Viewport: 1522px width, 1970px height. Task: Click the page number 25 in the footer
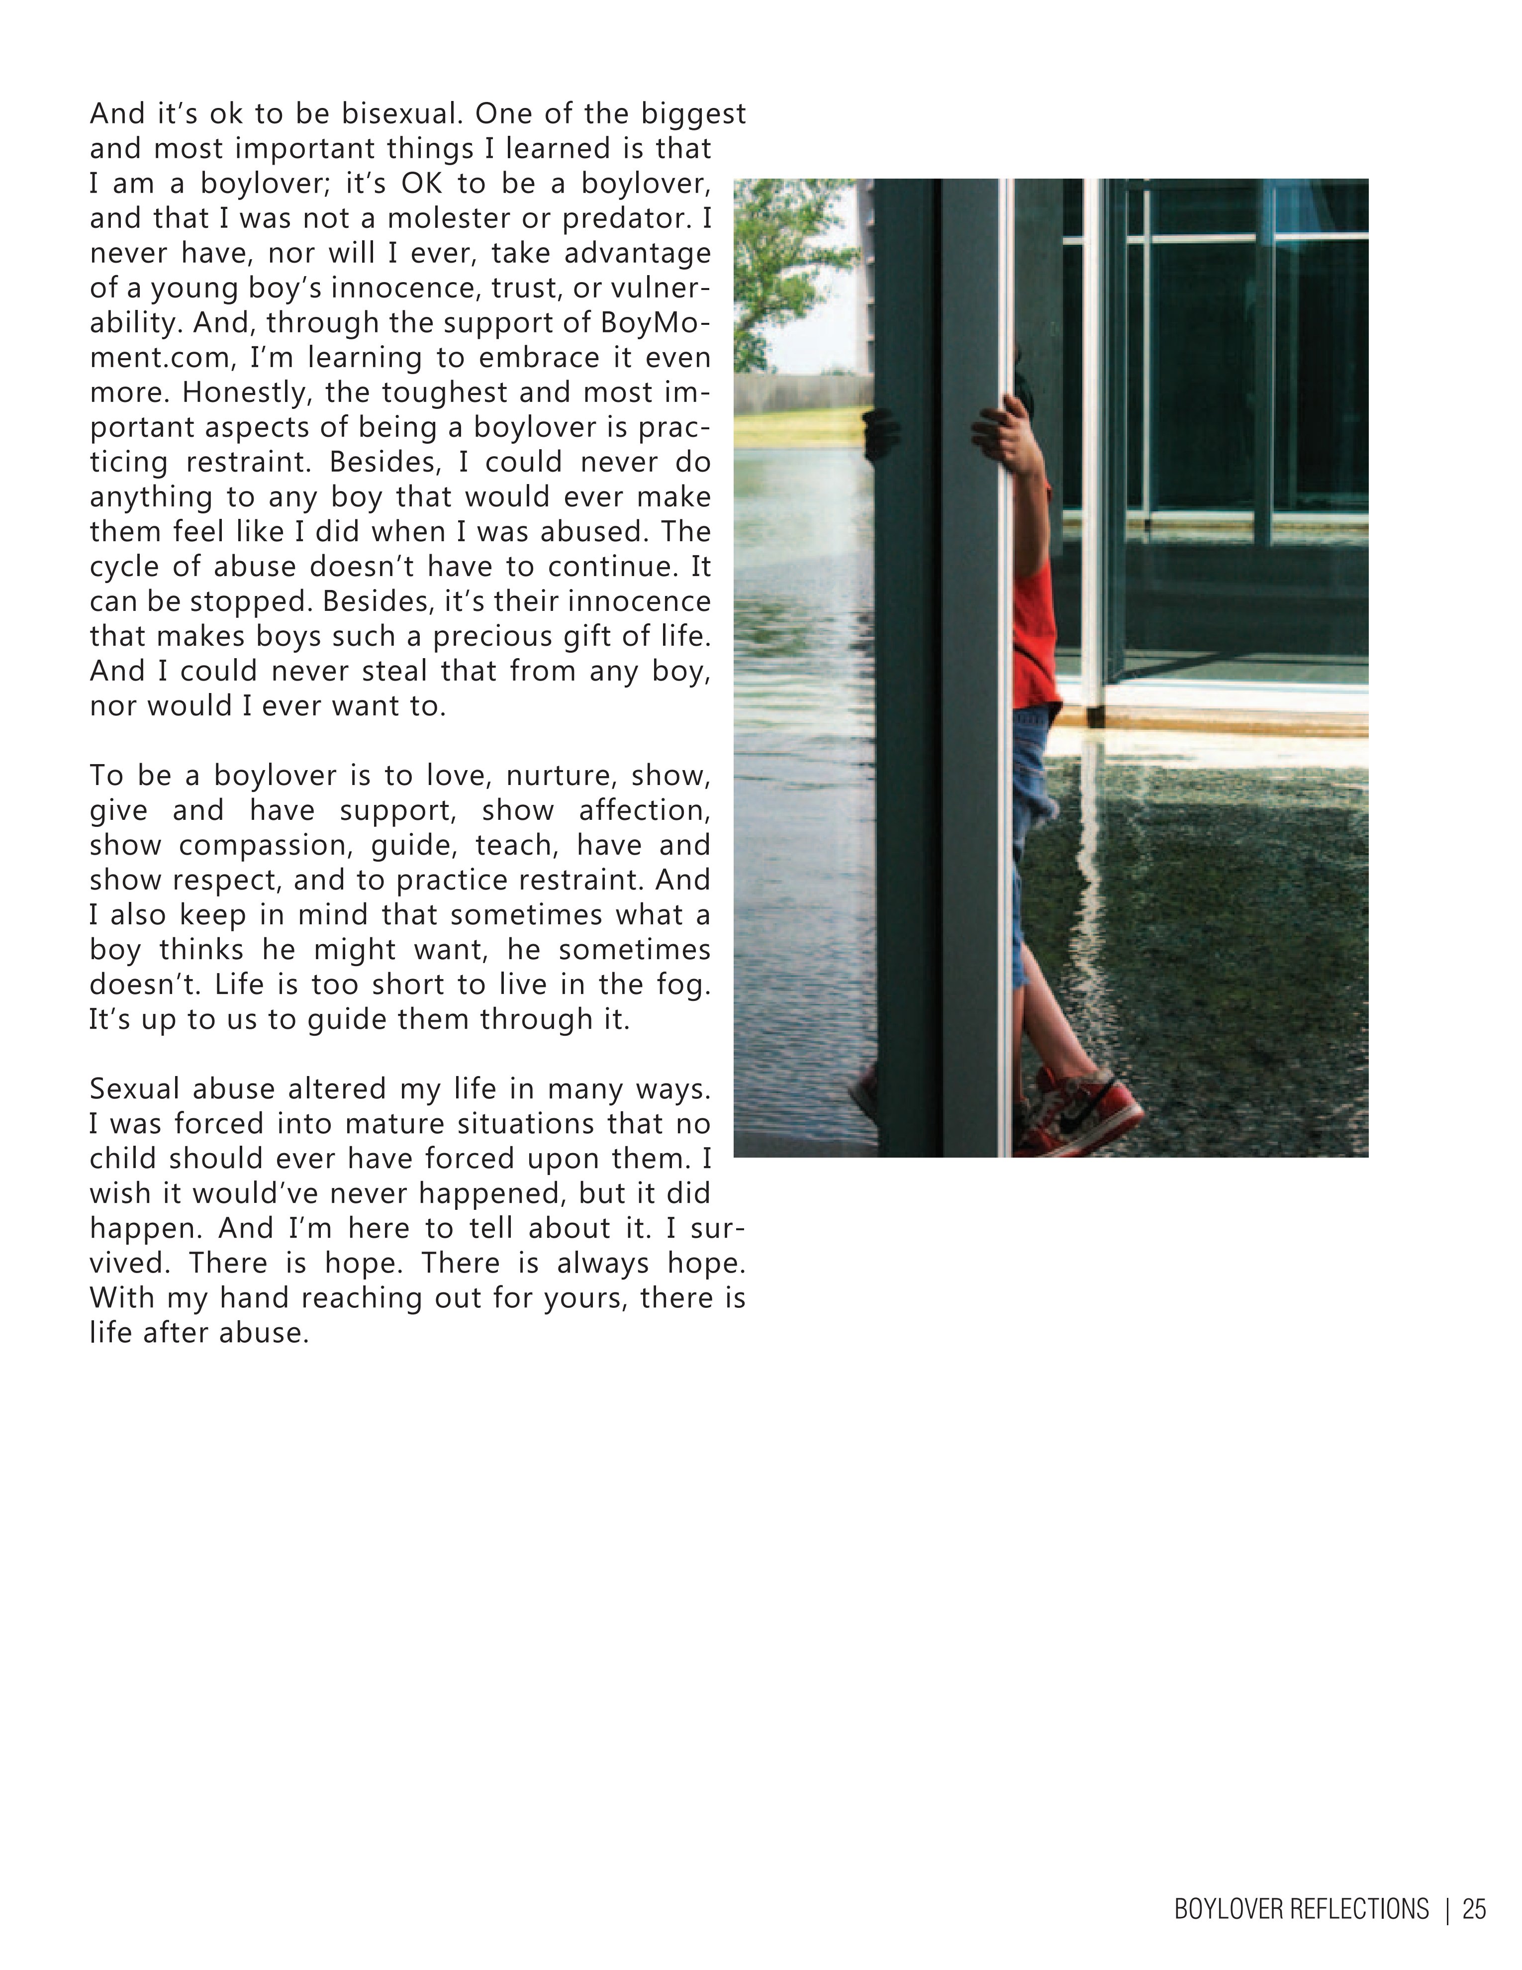(1474, 1910)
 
